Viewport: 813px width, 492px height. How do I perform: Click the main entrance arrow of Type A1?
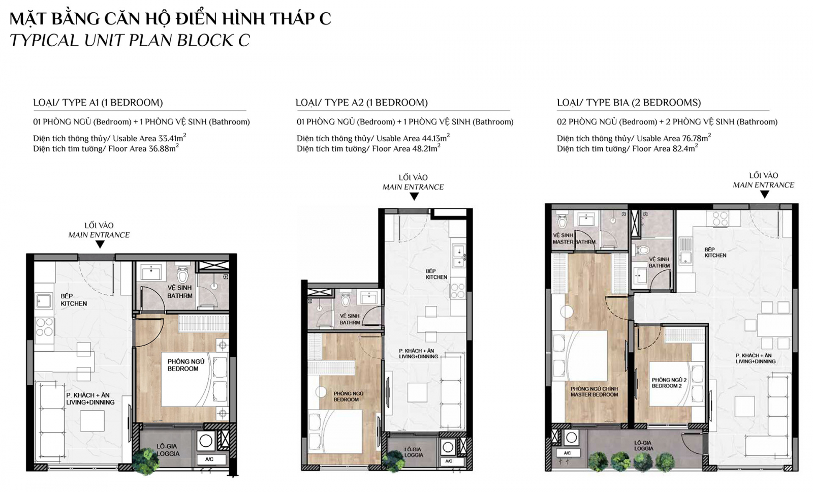click(100, 244)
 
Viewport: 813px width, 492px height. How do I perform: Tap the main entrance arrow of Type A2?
click(414, 197)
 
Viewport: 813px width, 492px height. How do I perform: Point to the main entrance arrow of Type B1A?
click(764, 195)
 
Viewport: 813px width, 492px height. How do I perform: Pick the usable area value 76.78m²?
click(696, 138)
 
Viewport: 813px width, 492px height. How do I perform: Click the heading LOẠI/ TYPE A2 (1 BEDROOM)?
click(361, 103)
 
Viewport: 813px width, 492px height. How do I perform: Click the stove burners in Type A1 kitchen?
click(44, 327)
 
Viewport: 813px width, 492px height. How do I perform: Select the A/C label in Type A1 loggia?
click(209, 459)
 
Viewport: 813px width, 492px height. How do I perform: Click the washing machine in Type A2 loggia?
click(448, 447)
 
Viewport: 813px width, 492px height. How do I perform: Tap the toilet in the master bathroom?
click(562, 221)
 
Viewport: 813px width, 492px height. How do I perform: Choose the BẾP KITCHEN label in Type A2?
click(436, 274)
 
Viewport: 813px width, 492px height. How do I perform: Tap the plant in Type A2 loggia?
click(393, 461)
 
